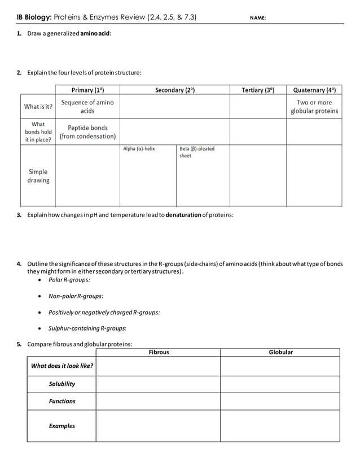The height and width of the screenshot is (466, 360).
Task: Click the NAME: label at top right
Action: (x=257, y=17)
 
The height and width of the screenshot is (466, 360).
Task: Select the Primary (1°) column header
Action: (x=87, y=90)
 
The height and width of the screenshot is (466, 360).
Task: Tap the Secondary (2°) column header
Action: (x=174, y=90)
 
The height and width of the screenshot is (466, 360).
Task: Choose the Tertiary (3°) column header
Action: (x=257, y=90)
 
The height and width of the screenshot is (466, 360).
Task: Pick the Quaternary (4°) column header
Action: (x=314, y=90)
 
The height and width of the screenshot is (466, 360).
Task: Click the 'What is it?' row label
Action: (x=38, y=107)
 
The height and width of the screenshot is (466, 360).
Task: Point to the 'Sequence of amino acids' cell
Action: (x=87, y=107)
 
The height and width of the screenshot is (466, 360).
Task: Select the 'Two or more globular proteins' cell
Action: (x=314, y=107)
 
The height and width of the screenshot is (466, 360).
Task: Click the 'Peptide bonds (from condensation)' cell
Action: (x=87, y=132)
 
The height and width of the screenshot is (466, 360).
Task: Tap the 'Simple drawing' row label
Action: (x=38, y=176)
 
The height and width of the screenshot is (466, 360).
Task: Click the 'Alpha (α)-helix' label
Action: (x=139, y=149)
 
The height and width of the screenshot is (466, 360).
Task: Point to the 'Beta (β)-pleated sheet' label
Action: (x=196, y=152)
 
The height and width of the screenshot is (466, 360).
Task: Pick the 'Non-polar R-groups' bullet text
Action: (x=80, y=296)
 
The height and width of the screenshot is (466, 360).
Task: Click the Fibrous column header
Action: (x=159, y=352)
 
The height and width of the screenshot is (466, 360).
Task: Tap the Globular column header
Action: (x=280, y=352)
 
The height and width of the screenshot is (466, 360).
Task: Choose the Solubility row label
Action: (x=62, y=384)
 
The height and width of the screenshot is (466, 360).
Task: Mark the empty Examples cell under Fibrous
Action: (x=158, y=426)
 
